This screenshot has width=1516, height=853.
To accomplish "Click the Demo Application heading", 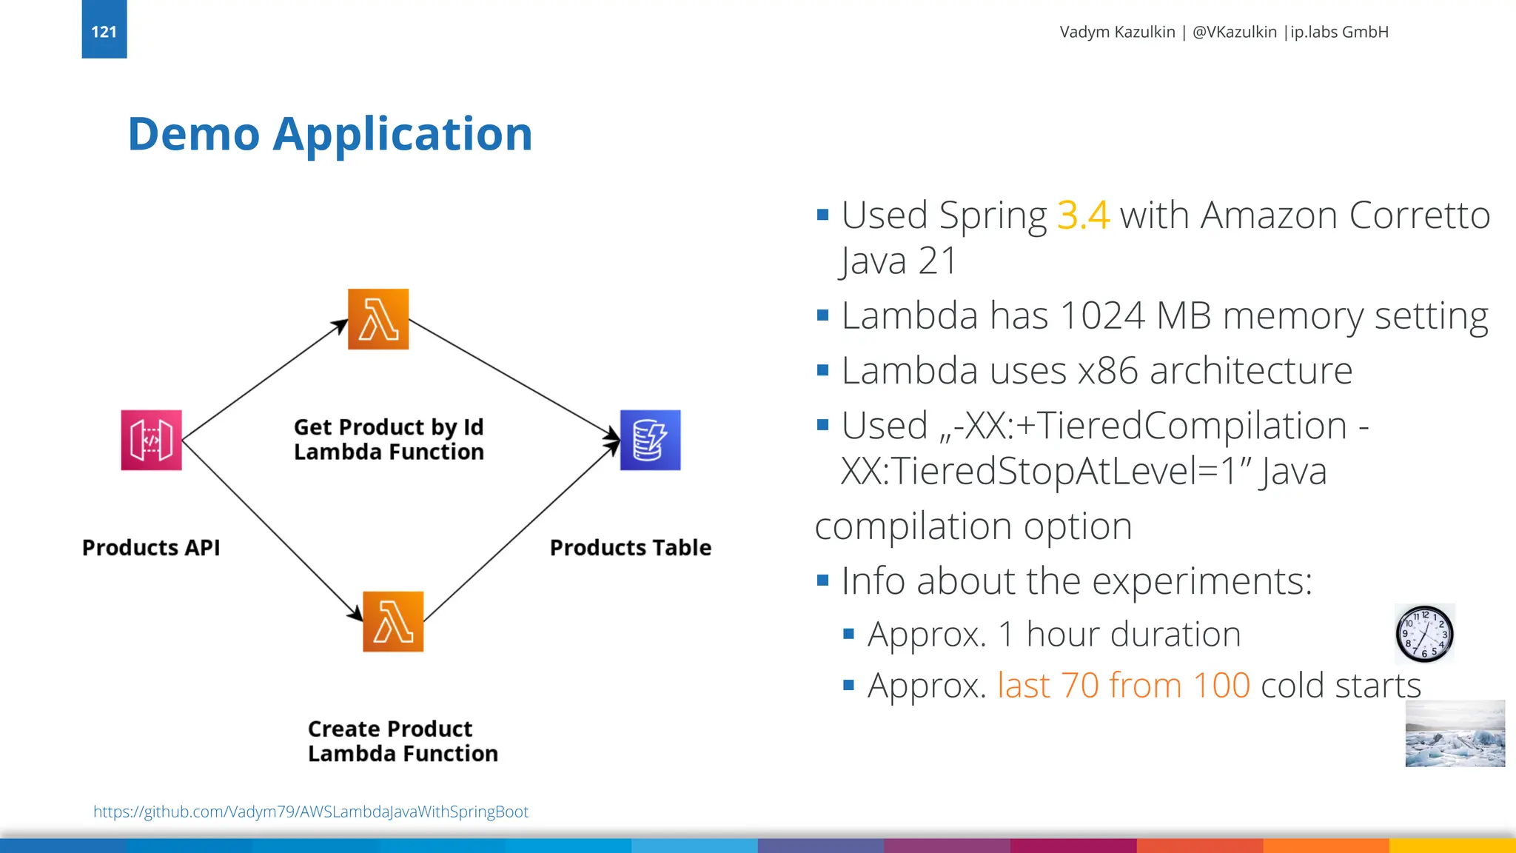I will pos(329,135).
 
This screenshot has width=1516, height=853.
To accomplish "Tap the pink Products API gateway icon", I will pos(151,440).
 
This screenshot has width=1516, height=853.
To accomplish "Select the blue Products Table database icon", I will pos(650,440).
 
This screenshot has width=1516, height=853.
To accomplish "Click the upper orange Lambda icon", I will pos(378,319).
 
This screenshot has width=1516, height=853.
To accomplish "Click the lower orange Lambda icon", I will pos(393,621).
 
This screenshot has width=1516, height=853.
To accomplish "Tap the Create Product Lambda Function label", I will pos(403,741).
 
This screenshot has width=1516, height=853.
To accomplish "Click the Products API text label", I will pos(151,548).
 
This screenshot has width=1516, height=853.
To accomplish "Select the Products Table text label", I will pos(630,548).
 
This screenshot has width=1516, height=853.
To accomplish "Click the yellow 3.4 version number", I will pos(1082,215).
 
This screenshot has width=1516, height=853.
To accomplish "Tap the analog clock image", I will pos(1424,634).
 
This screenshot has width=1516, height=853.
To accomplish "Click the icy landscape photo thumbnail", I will pos(1455,734).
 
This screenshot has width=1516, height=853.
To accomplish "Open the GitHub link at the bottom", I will pos(311,812).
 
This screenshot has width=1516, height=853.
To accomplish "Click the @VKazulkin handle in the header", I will pos(1234,32).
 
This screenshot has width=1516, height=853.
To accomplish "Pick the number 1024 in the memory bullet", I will pos(1102,316).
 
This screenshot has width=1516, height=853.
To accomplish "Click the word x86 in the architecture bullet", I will pos(1107,371).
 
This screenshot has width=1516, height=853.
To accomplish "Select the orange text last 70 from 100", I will pos(1123,686).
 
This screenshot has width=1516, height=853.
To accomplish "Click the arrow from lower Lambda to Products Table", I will pos(520,532).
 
